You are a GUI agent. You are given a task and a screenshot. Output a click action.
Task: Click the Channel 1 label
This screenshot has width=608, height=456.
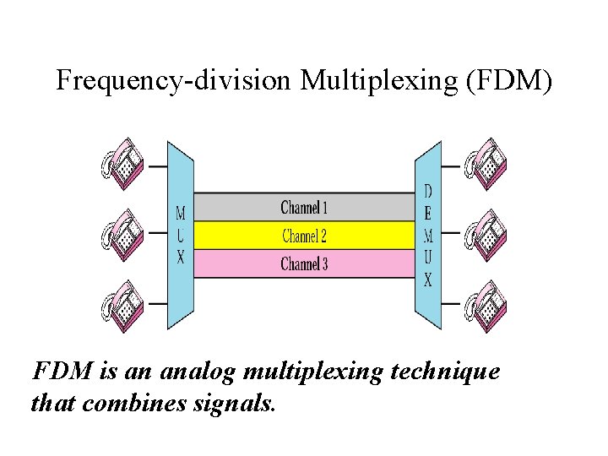pyautogui.click(x=304, y=207)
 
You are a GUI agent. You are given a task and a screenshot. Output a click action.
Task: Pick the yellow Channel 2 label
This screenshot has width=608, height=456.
pyautogui.click(x=304, y=236)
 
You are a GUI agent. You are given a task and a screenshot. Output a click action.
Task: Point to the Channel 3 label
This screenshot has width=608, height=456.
pyautogui.click(x=304, y=264)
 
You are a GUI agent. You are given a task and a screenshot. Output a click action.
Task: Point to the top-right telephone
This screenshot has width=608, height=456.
pyautogui.click(x=485, y=162)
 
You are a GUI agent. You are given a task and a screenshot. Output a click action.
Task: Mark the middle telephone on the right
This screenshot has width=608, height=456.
pyautogui.click(x=485, y=234)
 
